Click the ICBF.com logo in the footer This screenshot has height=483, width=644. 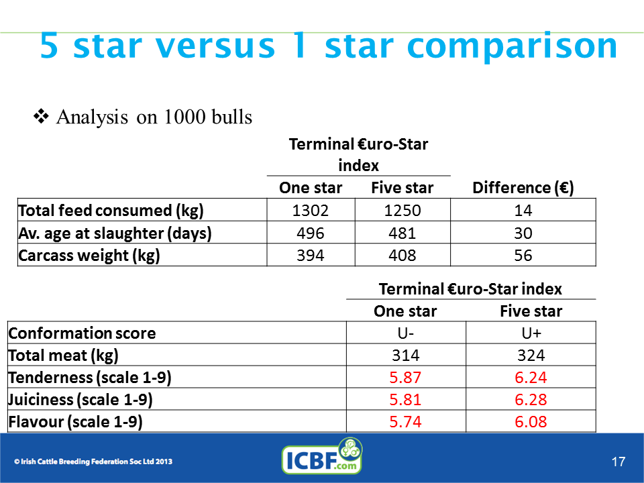click(x=322, y=456)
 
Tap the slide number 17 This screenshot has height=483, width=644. click(x=618, y=462)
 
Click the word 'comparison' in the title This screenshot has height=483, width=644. click(x=512, y=46)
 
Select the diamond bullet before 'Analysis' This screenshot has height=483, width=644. click(x=41, y=116)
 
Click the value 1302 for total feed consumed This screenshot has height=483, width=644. click(x=311, y=210)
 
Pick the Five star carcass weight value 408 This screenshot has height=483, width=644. click(x=402, y=255)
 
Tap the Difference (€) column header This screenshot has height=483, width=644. click(x=523, y=188)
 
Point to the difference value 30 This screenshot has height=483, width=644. click(x=523, y=233)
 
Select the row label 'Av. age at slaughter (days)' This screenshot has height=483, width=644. click(x=115, y=233)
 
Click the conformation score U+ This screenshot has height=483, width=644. click(x=531, y=333)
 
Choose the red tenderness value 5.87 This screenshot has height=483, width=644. click(x=405, y=378)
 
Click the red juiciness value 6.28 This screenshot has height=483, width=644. click(x=531, y=400)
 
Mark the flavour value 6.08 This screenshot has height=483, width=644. click(x=531, y=422)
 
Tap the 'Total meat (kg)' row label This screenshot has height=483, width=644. click(x=63, y=356)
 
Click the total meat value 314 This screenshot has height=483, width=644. click(x=405, y=356)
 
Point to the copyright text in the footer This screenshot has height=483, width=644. click(x=93, y=462)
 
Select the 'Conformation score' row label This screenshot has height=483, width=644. click(x=82, y=333)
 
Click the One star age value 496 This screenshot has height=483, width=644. click(x=311, y=233)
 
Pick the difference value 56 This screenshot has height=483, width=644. click(x=523, y=255)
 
